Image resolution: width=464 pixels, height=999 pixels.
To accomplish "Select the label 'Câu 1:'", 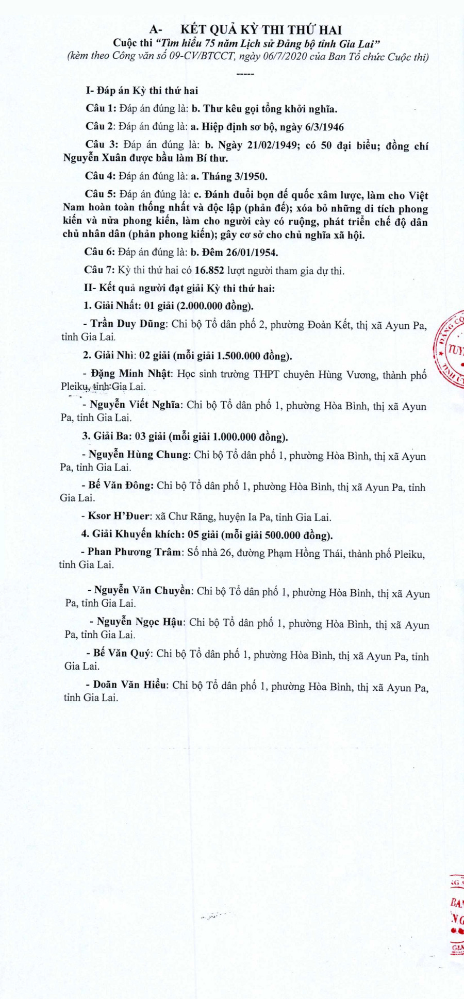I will click(x=101, y=109).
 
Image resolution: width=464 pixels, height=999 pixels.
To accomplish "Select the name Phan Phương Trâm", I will click(x=135, y=553).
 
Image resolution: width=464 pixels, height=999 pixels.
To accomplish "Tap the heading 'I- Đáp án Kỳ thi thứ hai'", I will click(x=142, y=91).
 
